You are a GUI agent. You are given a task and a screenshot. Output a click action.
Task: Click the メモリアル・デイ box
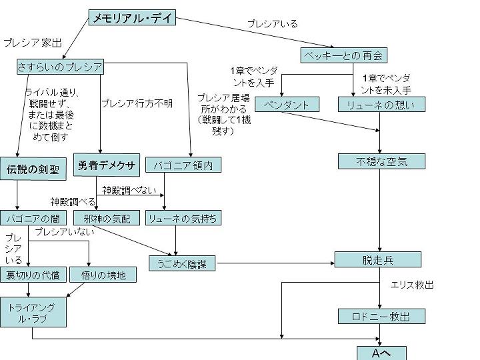click(x=133, y=18)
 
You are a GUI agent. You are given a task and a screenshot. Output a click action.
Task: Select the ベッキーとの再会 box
click(x=343, y=55)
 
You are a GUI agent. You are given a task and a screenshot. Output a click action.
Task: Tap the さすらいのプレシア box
click(x=60, y=67)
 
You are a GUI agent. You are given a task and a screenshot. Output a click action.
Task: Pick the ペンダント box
click(x=287, y=105)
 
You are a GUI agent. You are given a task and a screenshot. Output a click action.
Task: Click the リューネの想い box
click(x=381, y=105)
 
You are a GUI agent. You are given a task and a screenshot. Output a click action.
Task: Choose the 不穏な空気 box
click(x=381, y=161)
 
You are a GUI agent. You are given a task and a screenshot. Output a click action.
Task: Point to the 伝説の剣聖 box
click(x=33, y=169)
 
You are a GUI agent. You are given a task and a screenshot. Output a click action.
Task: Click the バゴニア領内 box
click(x=183, y=165)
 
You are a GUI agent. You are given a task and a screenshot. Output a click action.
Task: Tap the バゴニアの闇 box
click(x=33, y=218)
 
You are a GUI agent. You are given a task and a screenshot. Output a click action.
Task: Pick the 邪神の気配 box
click(x=107, y=218)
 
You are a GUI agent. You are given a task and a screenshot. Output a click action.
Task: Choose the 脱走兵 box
click(x=377, y=259)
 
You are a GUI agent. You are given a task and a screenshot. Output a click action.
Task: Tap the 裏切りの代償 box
click(x=33, y=274)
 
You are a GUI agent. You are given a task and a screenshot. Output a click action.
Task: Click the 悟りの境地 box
click(x=103, y=274)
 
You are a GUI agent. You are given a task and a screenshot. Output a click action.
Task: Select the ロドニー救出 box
click(x=381, y=316)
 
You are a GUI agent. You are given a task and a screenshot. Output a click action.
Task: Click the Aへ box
click(x=381, y=353)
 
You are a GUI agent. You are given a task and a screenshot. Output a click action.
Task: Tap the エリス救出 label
click(x=412, y=285)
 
